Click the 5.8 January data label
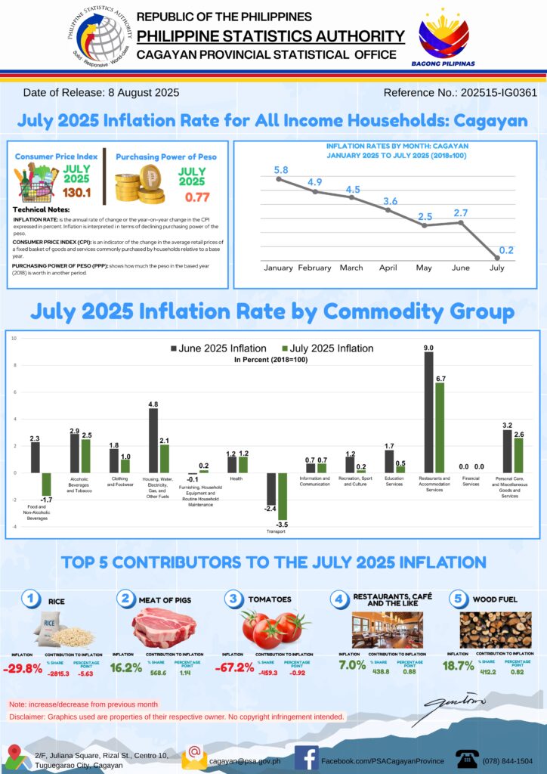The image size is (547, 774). tap(279, 171)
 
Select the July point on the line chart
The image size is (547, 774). tap(497, 258)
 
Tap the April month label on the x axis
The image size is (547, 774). tap(388, 268)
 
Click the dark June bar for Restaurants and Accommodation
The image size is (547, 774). tap(428, 412)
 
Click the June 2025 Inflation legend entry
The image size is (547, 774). tap(219, 348)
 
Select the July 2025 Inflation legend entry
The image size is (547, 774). tap(327, 348)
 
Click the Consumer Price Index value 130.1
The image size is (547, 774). tap(76, 193)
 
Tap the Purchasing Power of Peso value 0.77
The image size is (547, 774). tap(191, 197)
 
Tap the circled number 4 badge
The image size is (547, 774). tap(339, 599)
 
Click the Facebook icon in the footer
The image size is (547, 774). tap(305, 757)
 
